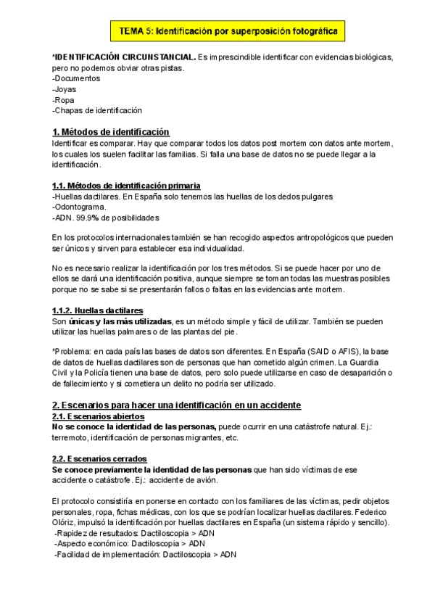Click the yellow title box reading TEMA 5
223,31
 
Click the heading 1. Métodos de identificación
111,132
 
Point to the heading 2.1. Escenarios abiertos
98,418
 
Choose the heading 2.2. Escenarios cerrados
99,460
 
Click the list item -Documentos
77,78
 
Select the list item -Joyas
65,89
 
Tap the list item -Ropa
64,100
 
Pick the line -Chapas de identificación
97,111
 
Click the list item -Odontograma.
80,207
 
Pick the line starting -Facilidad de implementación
145,556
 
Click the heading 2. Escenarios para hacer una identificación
176,405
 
